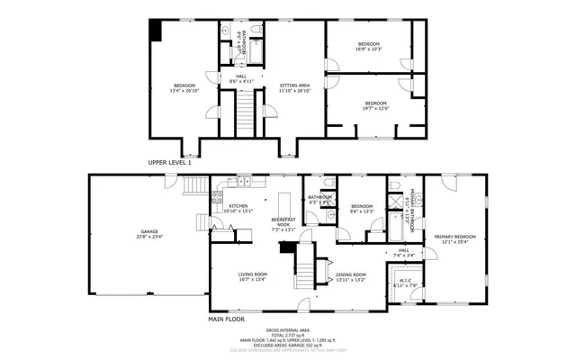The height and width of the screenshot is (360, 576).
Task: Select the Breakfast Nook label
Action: click(x=283, y=223)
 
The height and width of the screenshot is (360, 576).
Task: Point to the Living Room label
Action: click(x=253, y=276)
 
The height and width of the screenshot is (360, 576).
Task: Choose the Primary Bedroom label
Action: click(x=454, y=238)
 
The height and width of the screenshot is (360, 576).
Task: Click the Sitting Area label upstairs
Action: click(x=294, y=87)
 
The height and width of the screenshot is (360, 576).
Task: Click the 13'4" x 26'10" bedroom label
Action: click(x=183, y=87)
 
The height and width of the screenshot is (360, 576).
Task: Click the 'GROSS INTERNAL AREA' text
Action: click(x=287, y=330)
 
